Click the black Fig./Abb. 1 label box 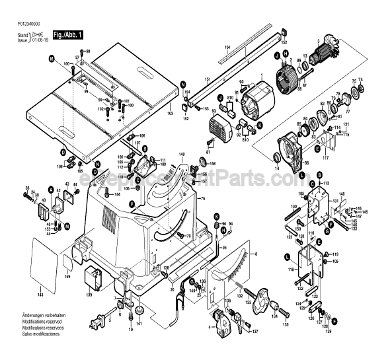(68, 34)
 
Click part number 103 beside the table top (170, 114)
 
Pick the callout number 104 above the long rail (227, 48)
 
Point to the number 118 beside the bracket (288, 270)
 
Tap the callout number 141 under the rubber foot (139, 323)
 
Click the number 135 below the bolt (286, 325)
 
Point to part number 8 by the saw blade (256, 254)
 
